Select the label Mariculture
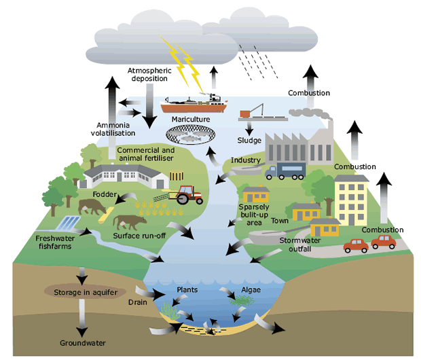click(190, 120)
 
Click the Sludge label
click(250, 141)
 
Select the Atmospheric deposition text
click(148, 74)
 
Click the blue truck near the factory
click(285, 172)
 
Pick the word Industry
click(246, 160)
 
